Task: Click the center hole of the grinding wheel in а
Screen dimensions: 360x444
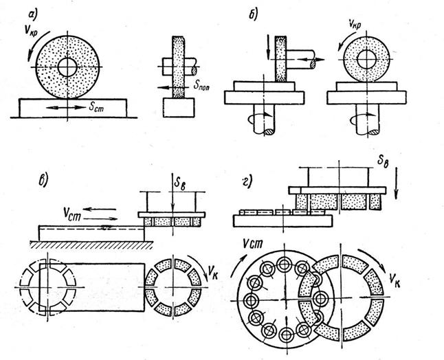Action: point(67,67)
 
